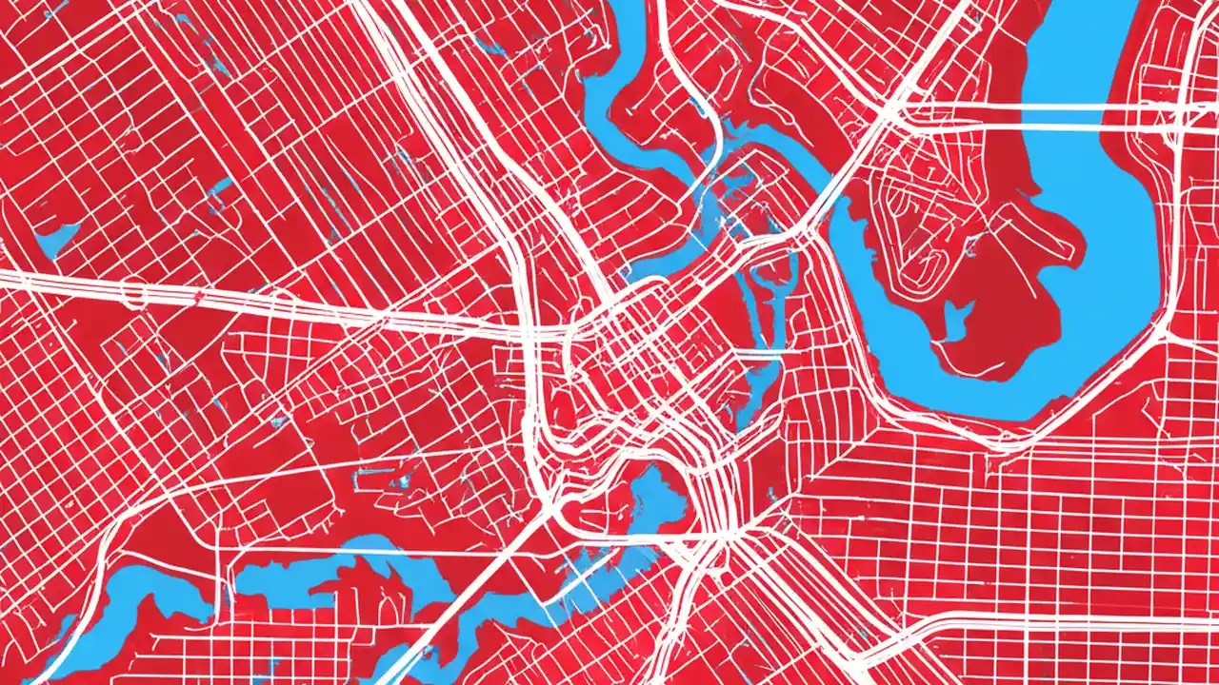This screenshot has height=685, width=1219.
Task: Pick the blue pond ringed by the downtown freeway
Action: (657, 485)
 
